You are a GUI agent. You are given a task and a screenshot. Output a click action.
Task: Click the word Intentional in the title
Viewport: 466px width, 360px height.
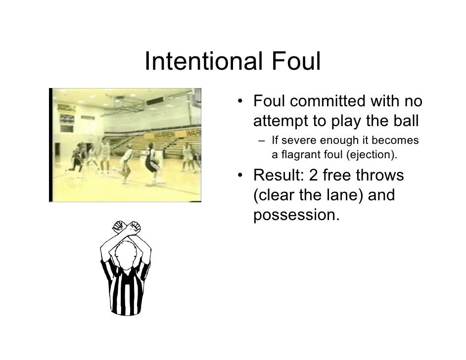click(x=203, y=62)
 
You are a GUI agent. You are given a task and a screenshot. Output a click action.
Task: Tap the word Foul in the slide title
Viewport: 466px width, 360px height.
click(x=296, y=62)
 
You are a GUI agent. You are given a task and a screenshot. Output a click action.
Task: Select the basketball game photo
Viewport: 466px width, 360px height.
click(x=126, y=145)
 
